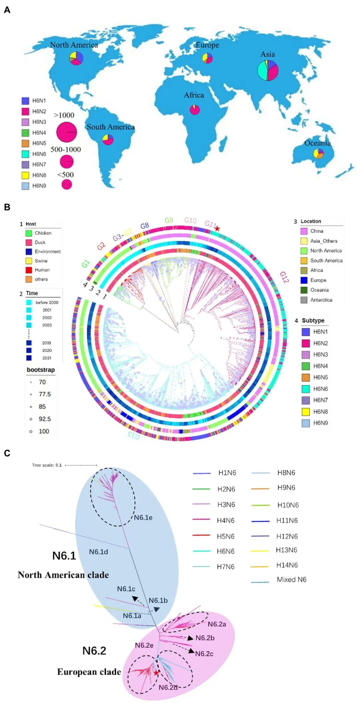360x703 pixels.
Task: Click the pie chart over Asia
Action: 268,70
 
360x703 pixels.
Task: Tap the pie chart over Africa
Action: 195,110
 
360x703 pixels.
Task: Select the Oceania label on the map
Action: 317,143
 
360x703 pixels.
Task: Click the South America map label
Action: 111,127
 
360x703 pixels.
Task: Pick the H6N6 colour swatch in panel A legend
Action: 25,154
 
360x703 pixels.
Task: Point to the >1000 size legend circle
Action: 67,132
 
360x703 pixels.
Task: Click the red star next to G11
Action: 217,228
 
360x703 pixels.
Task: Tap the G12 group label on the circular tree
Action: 284,277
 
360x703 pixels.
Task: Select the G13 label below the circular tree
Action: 133,435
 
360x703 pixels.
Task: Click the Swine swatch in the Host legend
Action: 29,261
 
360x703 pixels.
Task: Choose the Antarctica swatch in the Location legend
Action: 304,300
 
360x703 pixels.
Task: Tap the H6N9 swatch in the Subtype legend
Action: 306,423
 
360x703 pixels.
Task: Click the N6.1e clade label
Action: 143,518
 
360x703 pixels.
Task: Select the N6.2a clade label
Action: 217,624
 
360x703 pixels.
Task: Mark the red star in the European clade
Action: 156,673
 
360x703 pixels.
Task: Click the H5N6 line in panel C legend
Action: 201,535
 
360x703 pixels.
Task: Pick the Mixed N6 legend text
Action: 291,580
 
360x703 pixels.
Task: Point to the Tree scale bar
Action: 81,465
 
